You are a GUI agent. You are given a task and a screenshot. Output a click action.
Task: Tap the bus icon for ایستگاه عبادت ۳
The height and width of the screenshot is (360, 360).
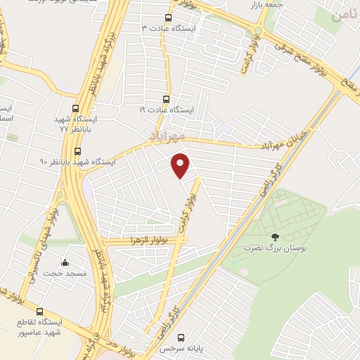coord(167,18)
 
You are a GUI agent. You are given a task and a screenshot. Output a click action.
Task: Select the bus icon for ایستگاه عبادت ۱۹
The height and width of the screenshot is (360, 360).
coord(166,99)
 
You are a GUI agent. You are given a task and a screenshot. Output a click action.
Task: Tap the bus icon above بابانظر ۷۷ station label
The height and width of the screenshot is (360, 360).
coord(75,109)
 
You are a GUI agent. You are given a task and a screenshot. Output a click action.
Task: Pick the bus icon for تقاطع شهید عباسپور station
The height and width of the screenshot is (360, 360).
coord(39,311)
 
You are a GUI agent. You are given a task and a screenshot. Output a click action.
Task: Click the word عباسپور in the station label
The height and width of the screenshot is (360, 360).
coord(46,333)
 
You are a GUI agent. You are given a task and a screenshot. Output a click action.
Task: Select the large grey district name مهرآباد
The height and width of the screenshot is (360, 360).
coord(167,134)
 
